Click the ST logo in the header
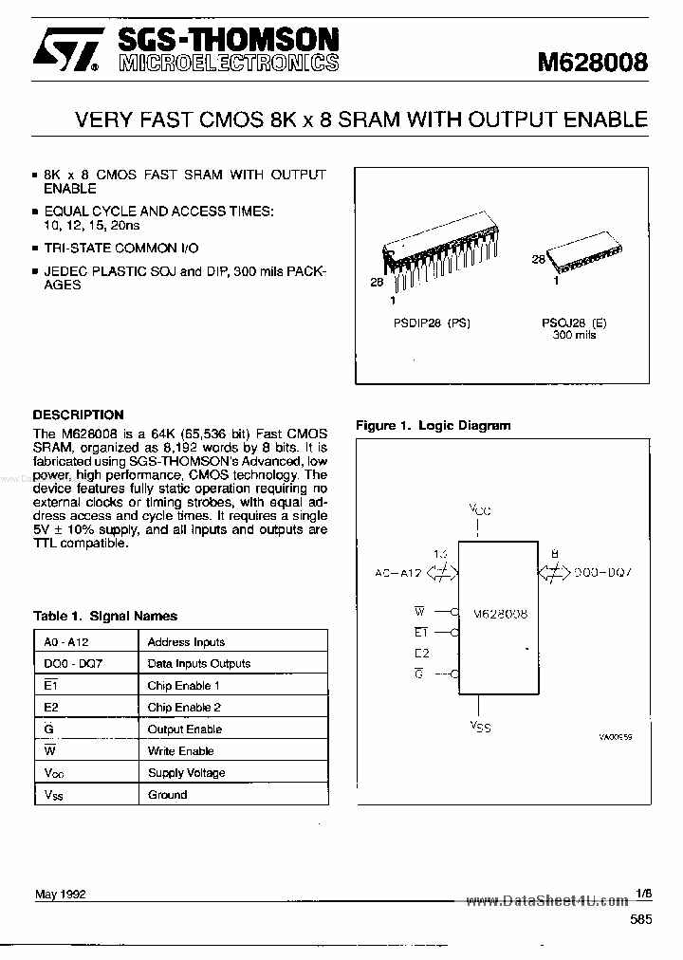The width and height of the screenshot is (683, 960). tap(65, 53)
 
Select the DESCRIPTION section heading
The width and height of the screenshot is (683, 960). tap(78, 415)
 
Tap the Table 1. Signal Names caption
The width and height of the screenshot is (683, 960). tap(105, 616)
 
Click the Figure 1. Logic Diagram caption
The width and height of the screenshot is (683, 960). tap(433, 426)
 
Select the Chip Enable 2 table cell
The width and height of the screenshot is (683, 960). tap(184, 708)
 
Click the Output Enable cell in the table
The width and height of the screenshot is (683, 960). tap(185, 729)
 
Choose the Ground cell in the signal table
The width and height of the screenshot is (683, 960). tap(168, 795)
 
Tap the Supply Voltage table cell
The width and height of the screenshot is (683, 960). tap(187, 773)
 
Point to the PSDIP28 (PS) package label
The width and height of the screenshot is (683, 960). tap(433, 323)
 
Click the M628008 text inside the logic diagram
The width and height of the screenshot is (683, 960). tap(501, 614)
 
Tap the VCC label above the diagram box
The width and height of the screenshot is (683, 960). tap(479, 510)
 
